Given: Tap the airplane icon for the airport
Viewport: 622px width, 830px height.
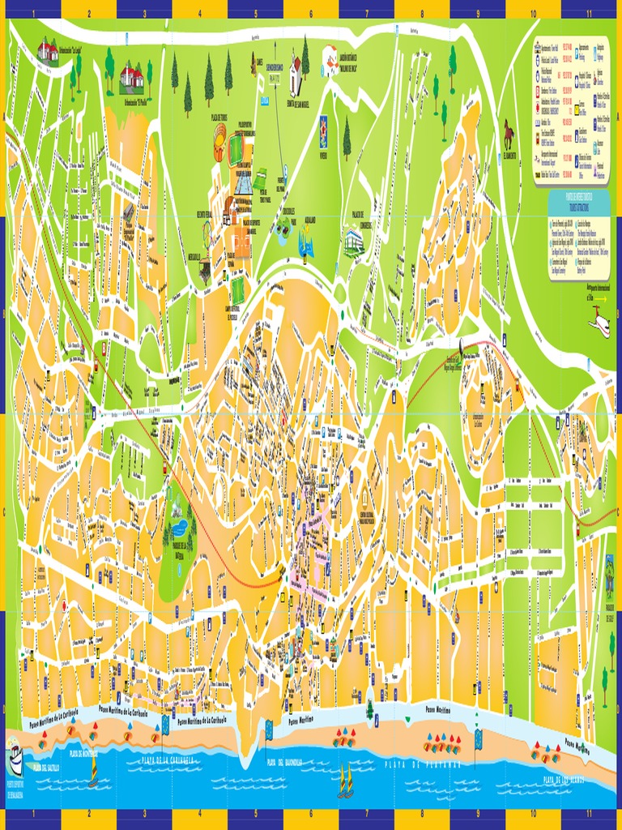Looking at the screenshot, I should (x=599, y=322).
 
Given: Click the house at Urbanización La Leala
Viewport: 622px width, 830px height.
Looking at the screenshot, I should (x=48, y=51).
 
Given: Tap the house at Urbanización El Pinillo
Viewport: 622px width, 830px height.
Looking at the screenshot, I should (x=131, y=79).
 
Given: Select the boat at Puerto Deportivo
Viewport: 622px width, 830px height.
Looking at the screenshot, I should (x=15, y=758).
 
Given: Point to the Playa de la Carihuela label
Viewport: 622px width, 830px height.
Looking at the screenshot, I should (x=168, y=760).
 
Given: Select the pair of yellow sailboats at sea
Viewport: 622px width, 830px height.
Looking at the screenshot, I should (x=346, y=781).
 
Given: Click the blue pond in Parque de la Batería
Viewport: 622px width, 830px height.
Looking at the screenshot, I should (x=179, y=528).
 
